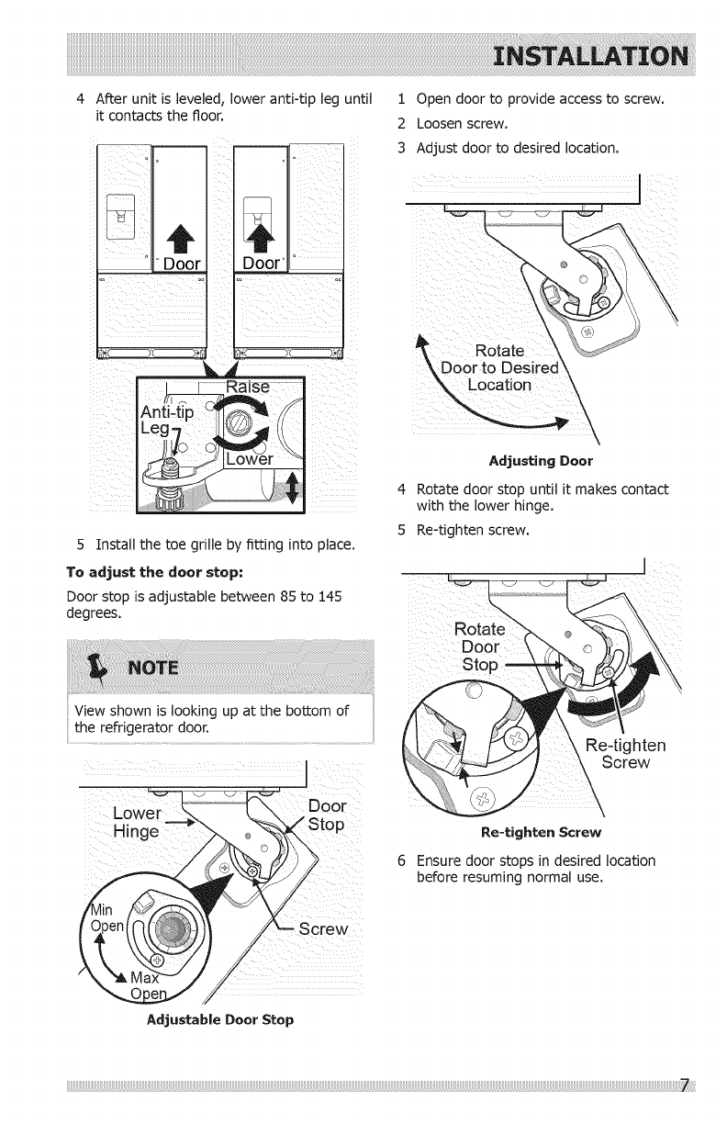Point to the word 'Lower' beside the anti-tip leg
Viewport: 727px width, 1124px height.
click(x=251, y=459)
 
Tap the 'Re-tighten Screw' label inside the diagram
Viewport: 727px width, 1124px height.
click(x=618, y=753)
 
